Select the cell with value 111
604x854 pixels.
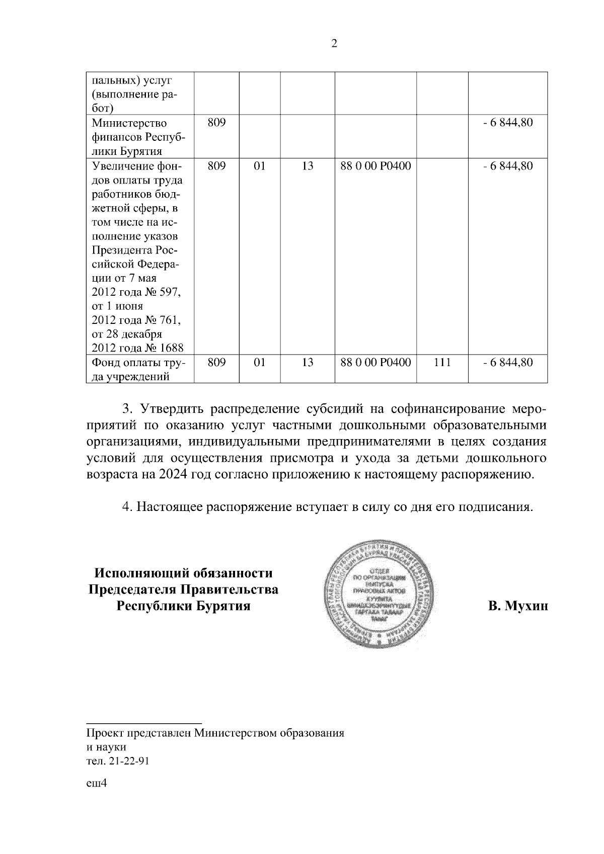coord(442,362)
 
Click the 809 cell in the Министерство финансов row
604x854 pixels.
coord(216,123)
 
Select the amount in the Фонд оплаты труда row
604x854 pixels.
coord(507,362)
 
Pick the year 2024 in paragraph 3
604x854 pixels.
coord(171,475)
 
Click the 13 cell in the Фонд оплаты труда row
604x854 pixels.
coord(308,362)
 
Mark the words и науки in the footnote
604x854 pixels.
coord(106,747)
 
